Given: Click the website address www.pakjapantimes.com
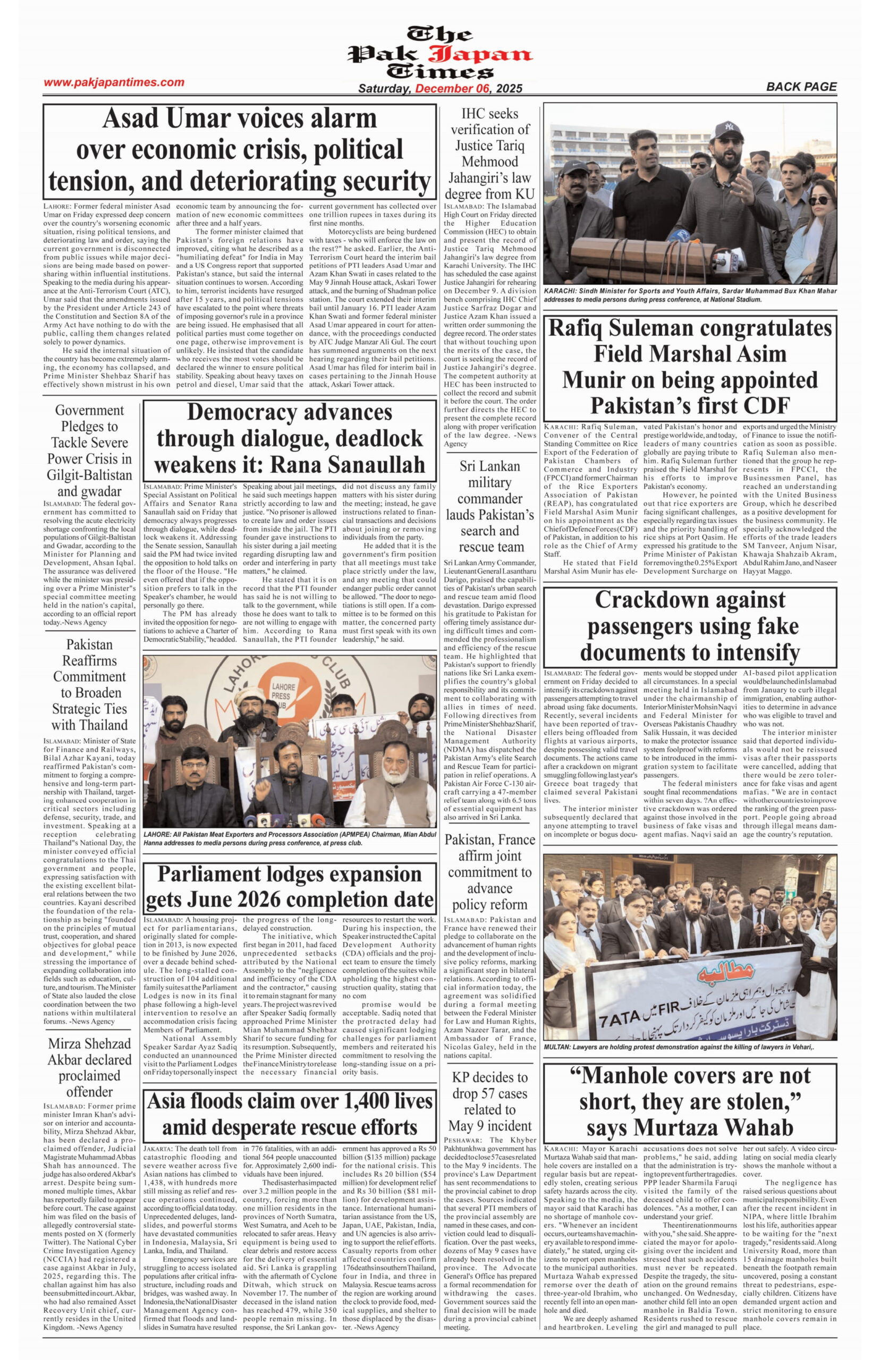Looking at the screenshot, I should tap(114, 82).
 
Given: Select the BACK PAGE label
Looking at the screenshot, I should tap(801, 87).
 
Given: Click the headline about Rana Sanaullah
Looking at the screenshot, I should tap(290, 438).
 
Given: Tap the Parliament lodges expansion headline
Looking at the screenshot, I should tap(290, 887).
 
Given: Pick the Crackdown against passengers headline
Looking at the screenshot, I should tap(690, 625).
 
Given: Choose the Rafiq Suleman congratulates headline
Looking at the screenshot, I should tap(690, 367).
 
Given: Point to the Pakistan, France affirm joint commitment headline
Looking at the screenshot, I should tap(490, 872).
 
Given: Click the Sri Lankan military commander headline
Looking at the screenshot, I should tap(490, 507).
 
